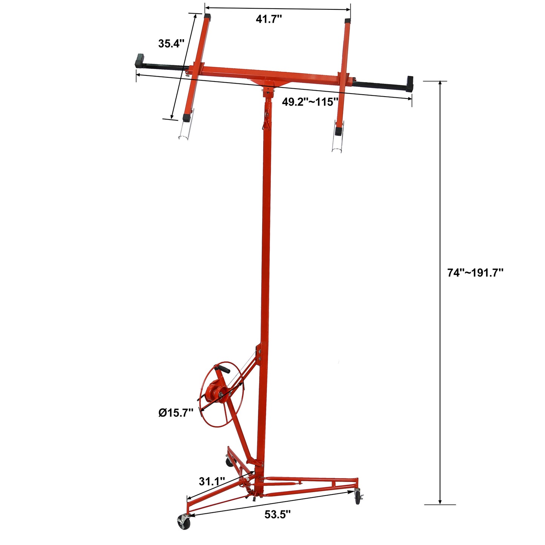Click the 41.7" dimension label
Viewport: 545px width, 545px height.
[x=269, y=19]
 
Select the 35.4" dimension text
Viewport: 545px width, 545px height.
[x=171, y=43]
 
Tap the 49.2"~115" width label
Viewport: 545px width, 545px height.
[x=310, y=102]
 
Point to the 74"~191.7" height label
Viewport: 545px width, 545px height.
[x=475, y=273]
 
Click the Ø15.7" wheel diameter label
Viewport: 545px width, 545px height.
[x=176, y=413]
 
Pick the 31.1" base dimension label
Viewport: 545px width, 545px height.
[x=212, y=481]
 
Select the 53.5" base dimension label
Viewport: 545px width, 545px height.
[x=277, y=514]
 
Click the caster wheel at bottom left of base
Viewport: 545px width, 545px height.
[x=184, y=523]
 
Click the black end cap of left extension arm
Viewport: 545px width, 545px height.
[x=140, y=61]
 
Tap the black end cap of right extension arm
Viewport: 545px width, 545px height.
[x=410, y=84]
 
